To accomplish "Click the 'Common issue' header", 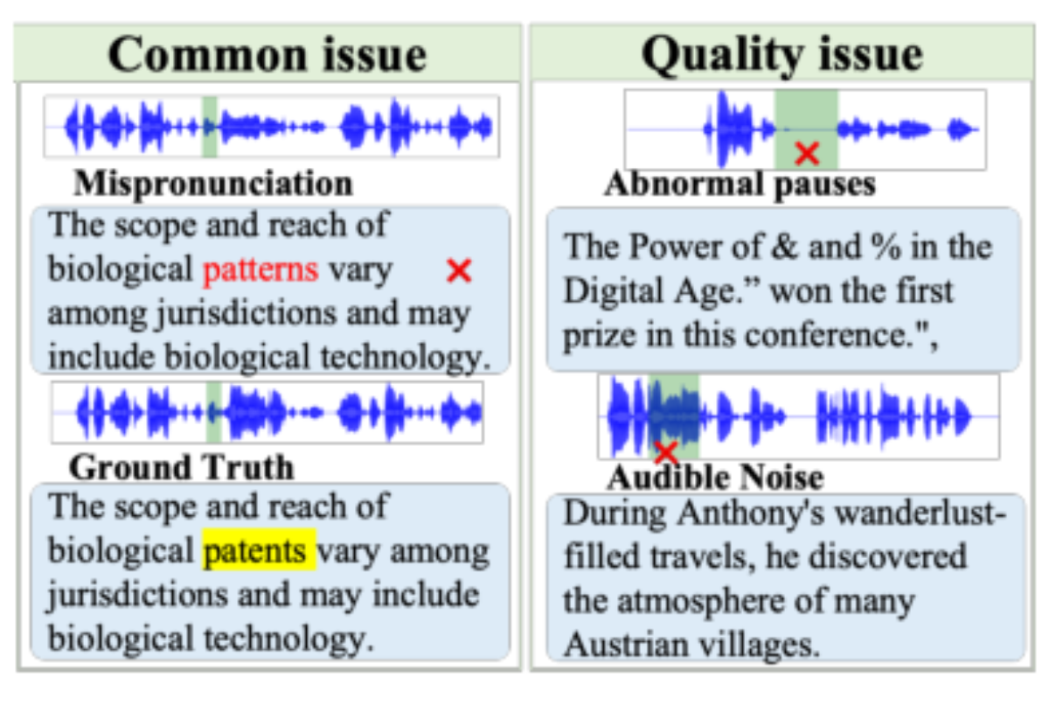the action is (267, 55).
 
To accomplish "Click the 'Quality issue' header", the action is (782, 55).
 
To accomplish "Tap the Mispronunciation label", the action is (213, 184).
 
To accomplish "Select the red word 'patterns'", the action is (261, 270).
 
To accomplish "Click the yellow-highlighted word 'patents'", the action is (260, 550).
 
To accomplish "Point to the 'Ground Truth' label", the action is (182, 468).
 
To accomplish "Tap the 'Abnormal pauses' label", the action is (740, 185).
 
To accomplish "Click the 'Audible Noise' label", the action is (715, 478).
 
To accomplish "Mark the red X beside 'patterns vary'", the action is (459, 270).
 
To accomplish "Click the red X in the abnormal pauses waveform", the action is (807, 154).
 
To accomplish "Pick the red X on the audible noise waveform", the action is (665, 452).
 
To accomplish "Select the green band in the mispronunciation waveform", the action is (209, 127).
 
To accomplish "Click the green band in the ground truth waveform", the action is (213, 412).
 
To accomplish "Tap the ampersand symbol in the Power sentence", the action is (784, 247).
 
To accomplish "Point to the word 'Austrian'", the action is (627, 645).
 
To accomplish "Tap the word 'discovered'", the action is (888, 556).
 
